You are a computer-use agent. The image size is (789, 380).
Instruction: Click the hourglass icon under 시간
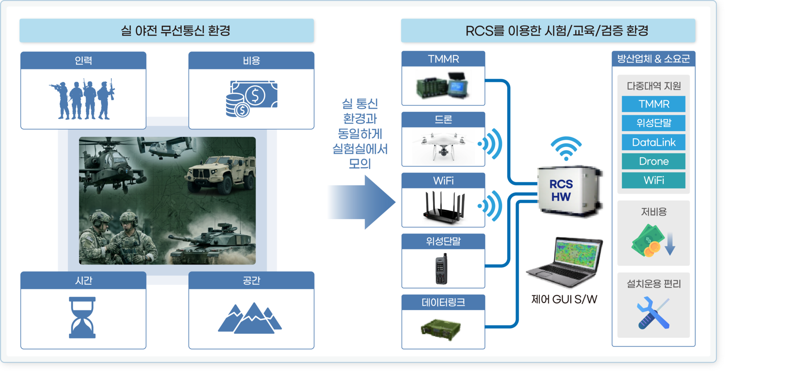(x=82, y=317)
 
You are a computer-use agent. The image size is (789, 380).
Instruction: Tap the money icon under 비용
(x=251, y=99)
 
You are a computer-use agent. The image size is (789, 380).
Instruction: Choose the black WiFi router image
(x=445, y=207)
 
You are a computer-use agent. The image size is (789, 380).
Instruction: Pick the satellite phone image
(x=441, y=269)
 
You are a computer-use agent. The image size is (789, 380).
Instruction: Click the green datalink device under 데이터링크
(x=441, y=329)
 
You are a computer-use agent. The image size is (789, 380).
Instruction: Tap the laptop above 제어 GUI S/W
(x=565, y=262)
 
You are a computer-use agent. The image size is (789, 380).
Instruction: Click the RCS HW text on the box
(x=561, y=190)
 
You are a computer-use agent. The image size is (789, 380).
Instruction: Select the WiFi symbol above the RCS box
(x=566, y=148)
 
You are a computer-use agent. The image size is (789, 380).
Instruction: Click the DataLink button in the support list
(x=653, y=142)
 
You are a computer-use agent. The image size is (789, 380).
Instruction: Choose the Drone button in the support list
(x=653, y=161)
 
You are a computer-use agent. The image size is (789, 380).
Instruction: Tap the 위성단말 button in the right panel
(x=653, y=123)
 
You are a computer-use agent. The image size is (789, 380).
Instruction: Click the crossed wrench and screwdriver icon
(x=653, y=313)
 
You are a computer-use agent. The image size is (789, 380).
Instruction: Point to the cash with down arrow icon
(x=653, y=241)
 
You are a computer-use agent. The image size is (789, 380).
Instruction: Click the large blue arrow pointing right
(x=362, y=202)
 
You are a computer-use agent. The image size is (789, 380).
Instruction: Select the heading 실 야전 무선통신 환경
(x=175, y=30)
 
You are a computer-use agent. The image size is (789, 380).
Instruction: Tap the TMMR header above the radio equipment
(x=443, y=59)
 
